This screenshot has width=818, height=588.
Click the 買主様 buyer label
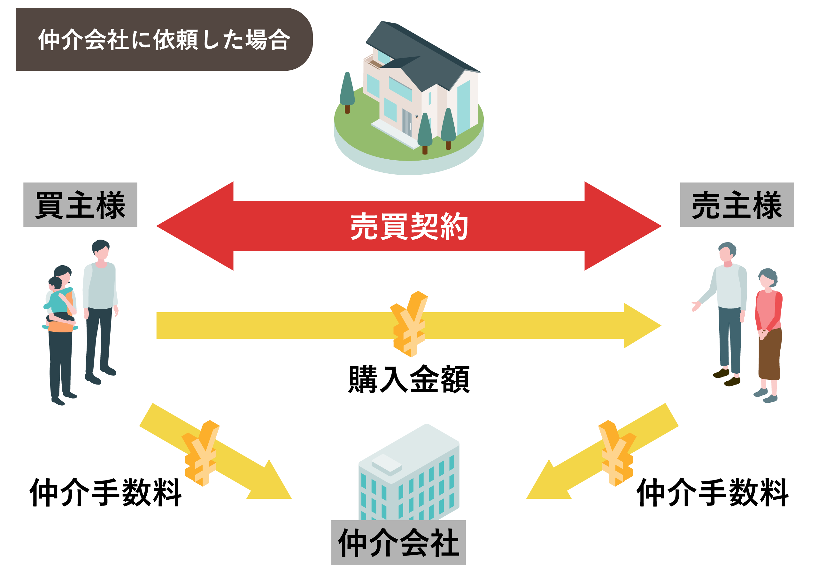[80, 205]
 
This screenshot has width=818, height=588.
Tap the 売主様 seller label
[737, 205]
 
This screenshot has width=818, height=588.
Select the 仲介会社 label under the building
[398, 543]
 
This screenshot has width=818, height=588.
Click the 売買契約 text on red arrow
[409, 226]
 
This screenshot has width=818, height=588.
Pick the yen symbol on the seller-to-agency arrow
[616, 453]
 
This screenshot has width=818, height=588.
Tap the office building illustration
[409, 473]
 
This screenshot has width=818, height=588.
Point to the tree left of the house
[347, 92]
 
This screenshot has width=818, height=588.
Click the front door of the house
[407, 123]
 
